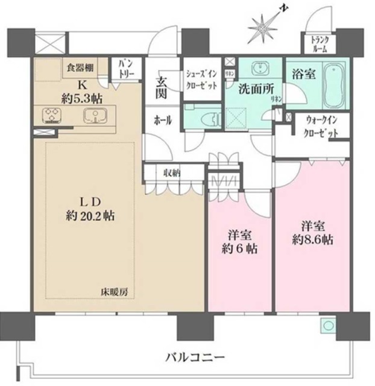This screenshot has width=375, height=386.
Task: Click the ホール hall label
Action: click(163, 121)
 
